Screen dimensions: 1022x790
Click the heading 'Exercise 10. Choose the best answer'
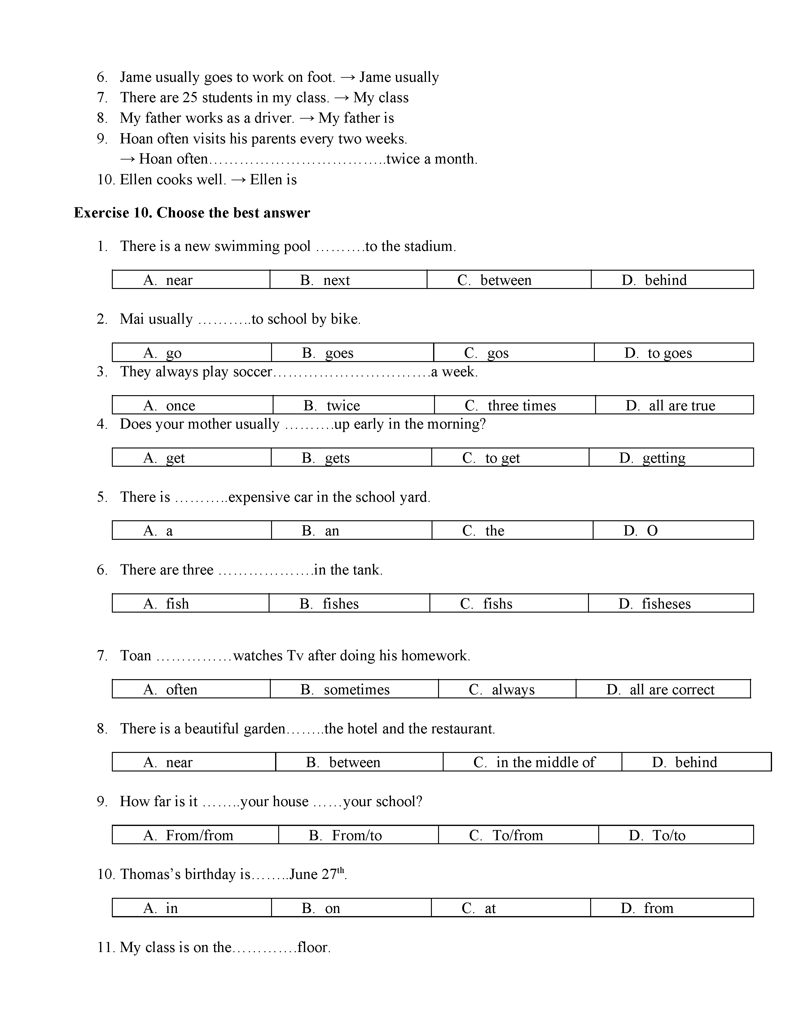click(192, 213)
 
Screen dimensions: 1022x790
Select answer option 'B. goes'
click(327, 353)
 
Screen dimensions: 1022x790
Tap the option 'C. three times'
click(510, 405)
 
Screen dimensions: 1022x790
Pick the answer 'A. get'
click(164, 458)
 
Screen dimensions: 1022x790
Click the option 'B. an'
click(321, 531)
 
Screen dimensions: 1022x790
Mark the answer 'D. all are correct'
click(661, 690)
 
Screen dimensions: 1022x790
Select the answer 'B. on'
click(321, 909)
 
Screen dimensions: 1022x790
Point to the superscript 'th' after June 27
click(341, 870)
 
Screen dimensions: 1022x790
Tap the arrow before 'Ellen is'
click(238, 180)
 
